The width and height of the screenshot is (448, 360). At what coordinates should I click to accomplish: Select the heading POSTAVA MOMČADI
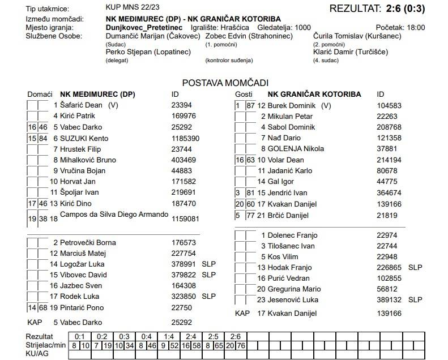225,83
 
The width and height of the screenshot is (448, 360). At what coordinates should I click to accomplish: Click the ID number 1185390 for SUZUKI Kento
185,138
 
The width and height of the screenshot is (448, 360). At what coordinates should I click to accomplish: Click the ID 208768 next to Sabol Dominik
389,127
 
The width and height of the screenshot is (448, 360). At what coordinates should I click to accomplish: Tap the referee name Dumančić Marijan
138,36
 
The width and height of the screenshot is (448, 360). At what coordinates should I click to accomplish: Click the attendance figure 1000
302,27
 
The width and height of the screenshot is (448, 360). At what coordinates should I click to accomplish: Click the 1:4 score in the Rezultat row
169,336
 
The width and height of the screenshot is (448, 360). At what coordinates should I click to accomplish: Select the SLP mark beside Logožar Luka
208,264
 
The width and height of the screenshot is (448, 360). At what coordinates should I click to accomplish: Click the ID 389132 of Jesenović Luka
389,300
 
